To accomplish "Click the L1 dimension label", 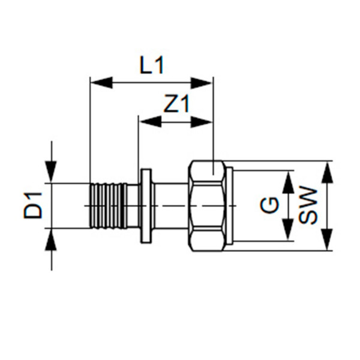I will click(151, 65).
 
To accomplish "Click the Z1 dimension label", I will click(176, 105).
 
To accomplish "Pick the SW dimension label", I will click(309, 206).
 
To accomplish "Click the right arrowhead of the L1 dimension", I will click(202, 83).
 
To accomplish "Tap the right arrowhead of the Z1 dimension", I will click(202, 121).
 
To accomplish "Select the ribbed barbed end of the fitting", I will click(106, 205).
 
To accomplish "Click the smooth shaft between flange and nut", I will click(170, 205).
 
